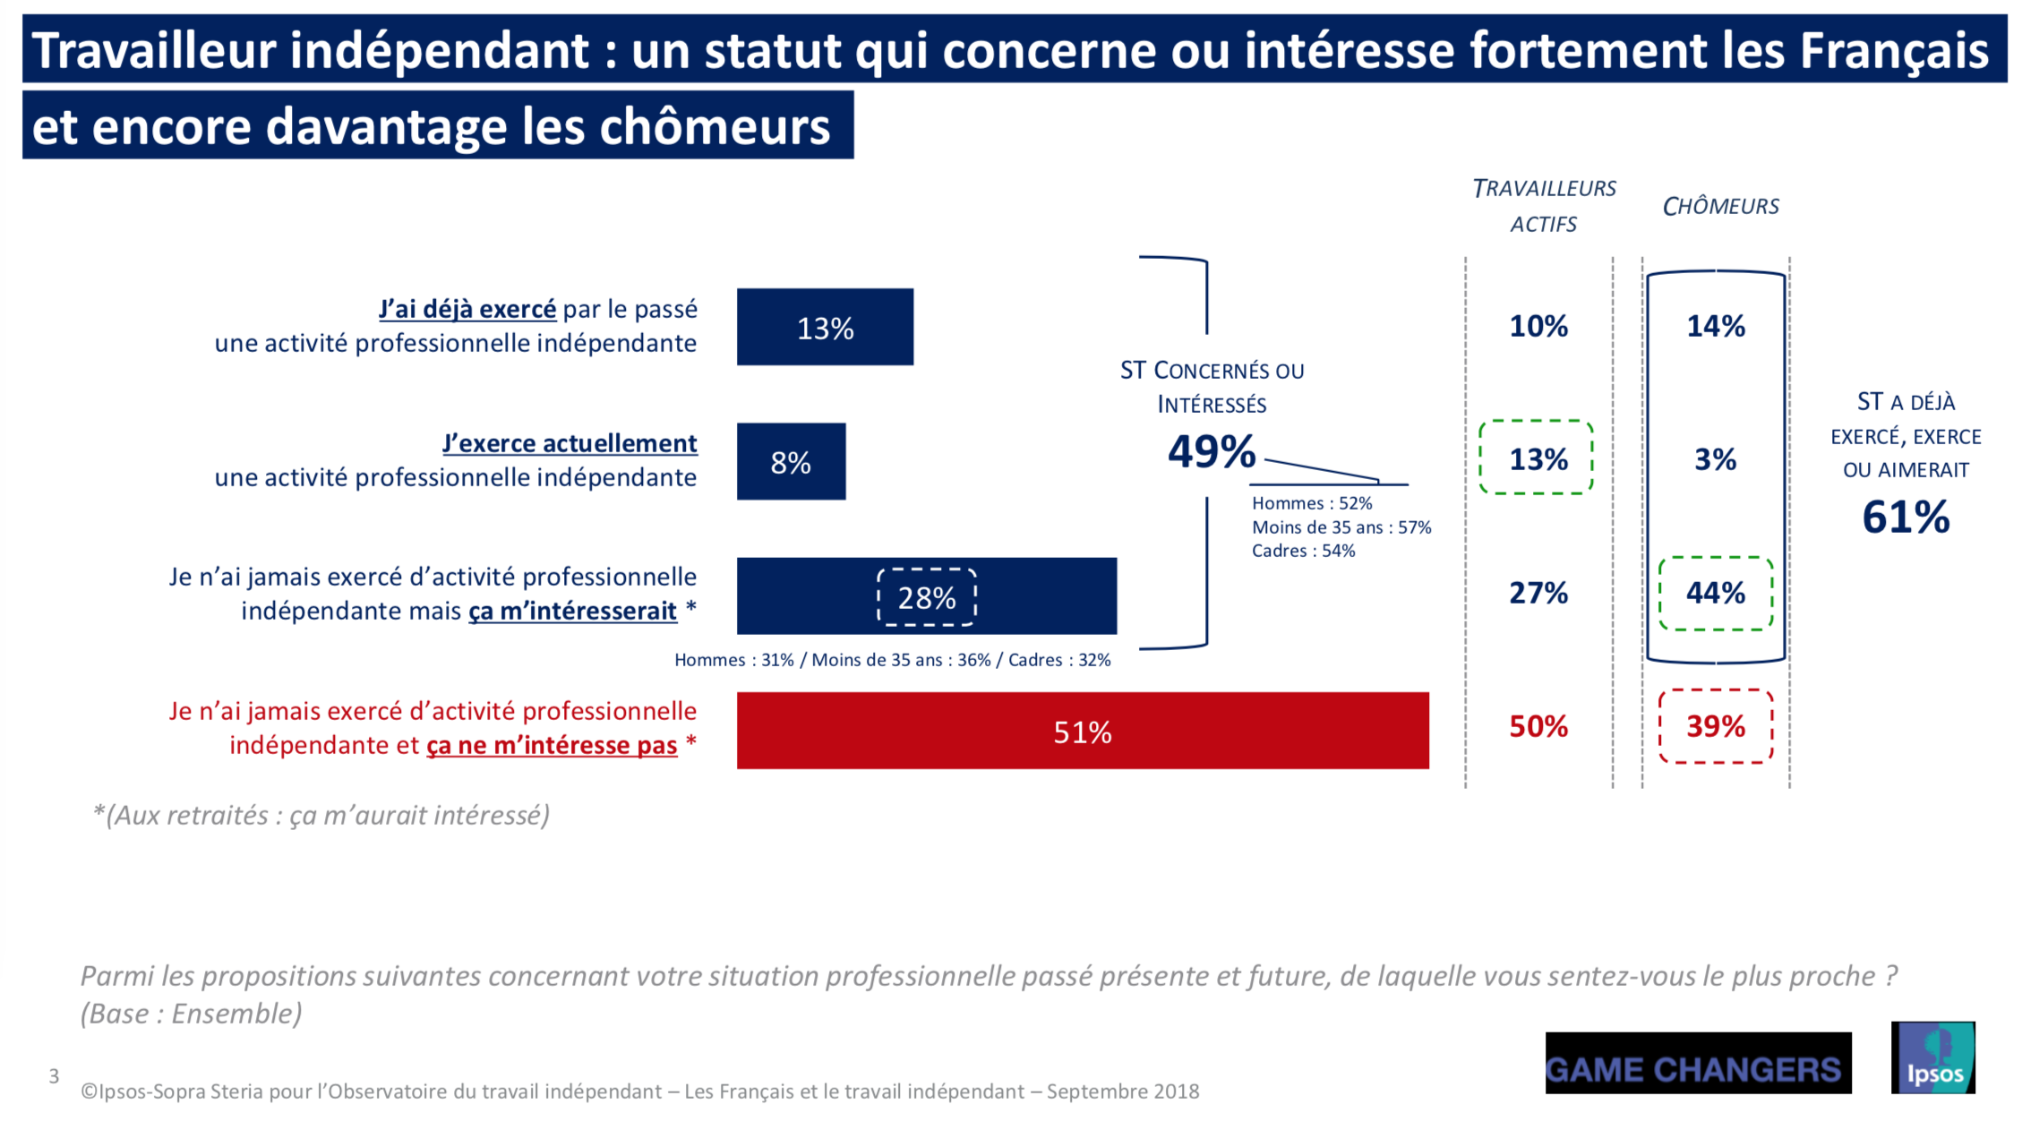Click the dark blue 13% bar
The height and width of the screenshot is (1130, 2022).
coord(824,327)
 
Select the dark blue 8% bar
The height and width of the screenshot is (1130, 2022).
coord(791,461)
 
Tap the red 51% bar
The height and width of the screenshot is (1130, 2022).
coord(1082,731)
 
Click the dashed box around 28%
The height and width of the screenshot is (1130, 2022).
coord(926,597)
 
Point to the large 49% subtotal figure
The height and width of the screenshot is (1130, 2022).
coord(1211,451)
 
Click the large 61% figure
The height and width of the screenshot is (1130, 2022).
coord(1906,518)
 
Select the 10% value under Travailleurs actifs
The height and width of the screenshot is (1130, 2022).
coord(1538,326)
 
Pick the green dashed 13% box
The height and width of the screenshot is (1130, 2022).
coord(1537,458)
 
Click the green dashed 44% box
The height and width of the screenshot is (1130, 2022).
coord(1716,593)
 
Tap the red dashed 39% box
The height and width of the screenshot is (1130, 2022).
coord(1716,726)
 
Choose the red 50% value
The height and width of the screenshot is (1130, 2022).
coord(1538,726)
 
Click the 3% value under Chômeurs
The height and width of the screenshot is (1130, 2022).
coord(1715,459)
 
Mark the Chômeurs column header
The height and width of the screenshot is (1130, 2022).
coord(1720,207)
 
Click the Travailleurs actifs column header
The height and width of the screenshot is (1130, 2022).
coord(1544,206)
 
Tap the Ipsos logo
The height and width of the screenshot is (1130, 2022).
coord(1932,1057)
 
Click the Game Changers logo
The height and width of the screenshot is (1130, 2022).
coord(1697,1064)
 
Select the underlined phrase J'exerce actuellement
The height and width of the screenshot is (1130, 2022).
coord(570,443)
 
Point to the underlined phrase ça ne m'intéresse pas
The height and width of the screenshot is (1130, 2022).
coord(552,745)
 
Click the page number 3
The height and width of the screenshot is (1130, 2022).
coord(55,1075)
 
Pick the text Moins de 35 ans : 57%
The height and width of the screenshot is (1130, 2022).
coord(1341,527)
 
